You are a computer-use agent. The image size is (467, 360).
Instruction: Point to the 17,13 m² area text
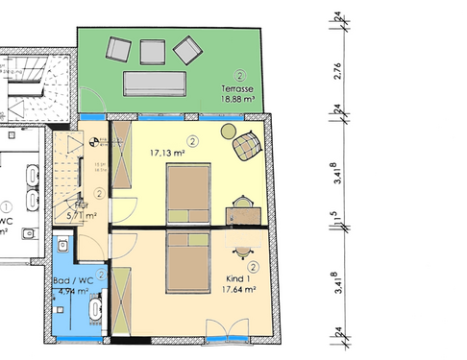[166, 151]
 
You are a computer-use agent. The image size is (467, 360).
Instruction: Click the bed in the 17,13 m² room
[187, 193]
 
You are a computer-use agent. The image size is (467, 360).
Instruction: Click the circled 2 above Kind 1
[253, 266]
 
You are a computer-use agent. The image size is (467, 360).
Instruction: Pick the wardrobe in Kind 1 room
[122, 302]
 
